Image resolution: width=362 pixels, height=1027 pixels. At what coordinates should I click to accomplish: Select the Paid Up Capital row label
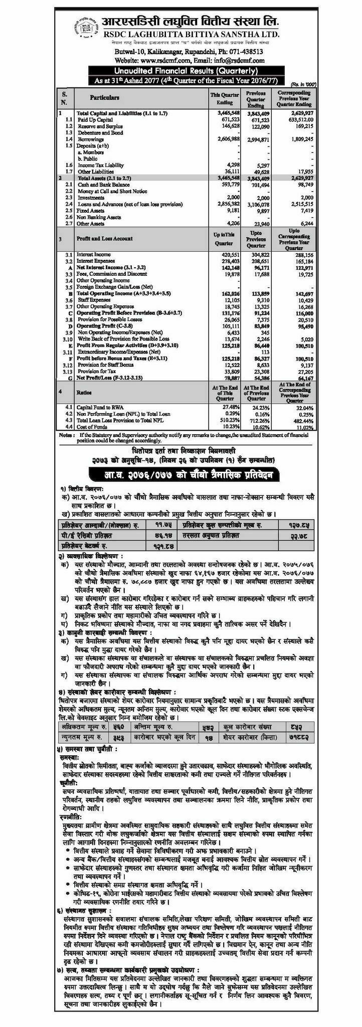(94, 120)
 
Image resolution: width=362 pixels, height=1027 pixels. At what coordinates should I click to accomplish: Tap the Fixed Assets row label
(90, 211)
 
